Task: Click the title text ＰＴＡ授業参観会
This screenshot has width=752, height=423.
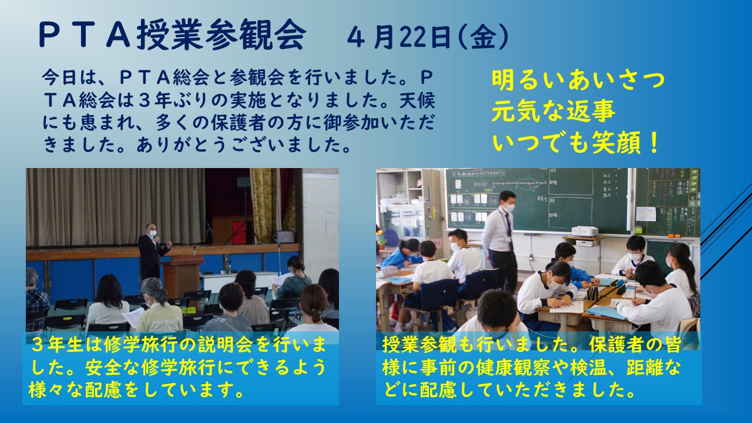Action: tap(172, 34)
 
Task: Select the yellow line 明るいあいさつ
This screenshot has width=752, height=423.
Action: tap(578, 81)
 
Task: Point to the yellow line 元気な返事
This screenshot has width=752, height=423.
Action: tap(553, 112)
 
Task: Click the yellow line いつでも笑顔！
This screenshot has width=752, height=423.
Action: tap(575, 142)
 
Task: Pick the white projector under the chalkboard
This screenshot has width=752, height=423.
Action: tap(585, 231)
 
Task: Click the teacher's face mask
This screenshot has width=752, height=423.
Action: tap(509, 207)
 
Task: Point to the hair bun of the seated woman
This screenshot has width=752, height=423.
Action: tap(315, 315)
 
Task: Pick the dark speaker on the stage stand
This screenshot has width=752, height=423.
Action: tap(244, 182)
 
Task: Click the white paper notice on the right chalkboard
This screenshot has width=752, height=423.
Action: tap(646, 214)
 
